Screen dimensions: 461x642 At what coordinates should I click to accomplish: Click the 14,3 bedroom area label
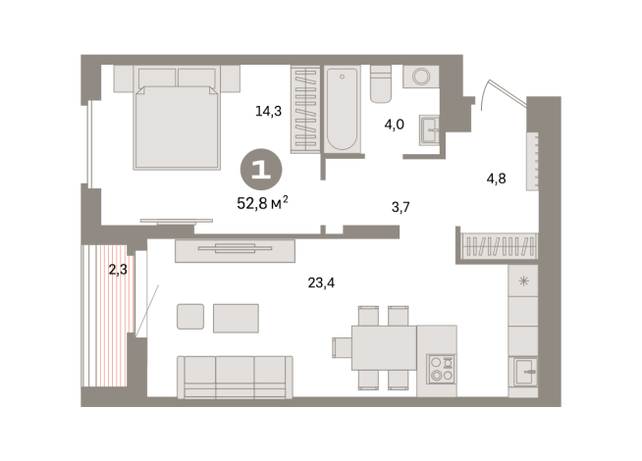click(x=269, y=111)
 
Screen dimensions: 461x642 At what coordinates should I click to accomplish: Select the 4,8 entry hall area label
click(x=497, y=179)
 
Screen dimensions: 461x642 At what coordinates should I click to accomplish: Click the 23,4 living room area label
click(x=321, y=283)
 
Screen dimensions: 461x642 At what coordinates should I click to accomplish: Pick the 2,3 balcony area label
click(x=118, y=269)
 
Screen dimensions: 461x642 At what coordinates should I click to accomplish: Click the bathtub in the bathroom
click(x=344, y=109)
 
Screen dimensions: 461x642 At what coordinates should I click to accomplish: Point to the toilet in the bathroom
click(x=381, y=85)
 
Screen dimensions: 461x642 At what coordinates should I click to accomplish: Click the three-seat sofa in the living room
click(x=235, y=376)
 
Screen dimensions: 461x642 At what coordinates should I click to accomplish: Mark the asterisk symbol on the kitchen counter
click(x=523, y=282)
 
